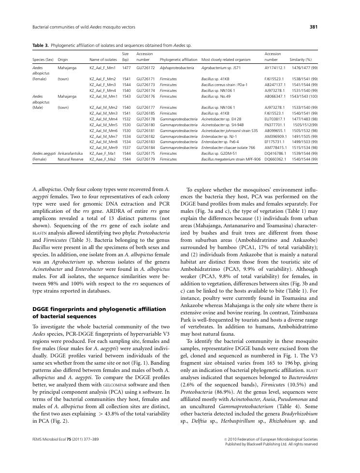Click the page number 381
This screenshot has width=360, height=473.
(313, 27)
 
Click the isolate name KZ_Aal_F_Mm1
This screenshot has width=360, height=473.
(103, 69)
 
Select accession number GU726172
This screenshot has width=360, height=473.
(145, 69)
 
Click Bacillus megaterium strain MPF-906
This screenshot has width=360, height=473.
(230, 158)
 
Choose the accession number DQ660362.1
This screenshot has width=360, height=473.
(275, 158)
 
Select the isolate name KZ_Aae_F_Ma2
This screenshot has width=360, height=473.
(102, 158)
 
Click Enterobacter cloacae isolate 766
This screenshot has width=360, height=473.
(228, 147)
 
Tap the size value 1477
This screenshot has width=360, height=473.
(126, 69)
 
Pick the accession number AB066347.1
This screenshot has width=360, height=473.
(275, 96)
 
